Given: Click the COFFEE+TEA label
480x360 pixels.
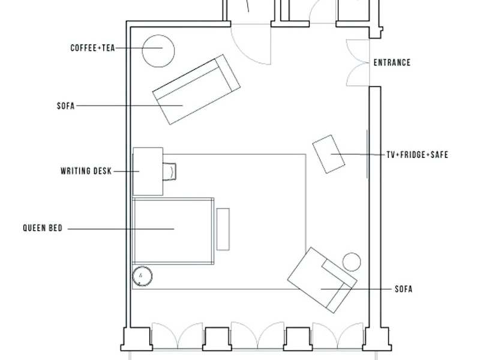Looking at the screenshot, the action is click(92, 48).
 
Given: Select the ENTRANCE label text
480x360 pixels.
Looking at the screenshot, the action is click(392, 62).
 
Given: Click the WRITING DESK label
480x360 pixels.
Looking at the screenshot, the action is click(86, 171).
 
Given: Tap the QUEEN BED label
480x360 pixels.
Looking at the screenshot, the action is click(43, 228).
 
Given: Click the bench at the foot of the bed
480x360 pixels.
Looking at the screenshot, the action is click(223, 229).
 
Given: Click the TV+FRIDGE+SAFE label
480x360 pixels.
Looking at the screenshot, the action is click(417, 155).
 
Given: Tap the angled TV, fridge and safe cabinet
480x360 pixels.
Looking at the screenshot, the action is click(328, 154).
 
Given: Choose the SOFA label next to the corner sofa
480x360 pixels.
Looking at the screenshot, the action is click(403, 289).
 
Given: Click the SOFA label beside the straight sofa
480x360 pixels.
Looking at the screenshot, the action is click(66, 106).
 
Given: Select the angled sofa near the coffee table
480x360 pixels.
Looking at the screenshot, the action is click(196, 89).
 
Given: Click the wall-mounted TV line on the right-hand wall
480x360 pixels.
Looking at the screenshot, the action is click(367, 154).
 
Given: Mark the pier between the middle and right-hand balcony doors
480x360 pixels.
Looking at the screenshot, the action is click(298, 339).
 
